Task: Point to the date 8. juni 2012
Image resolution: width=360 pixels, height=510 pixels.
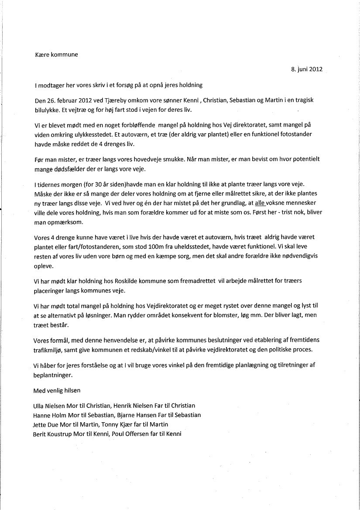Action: click(307, 69)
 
